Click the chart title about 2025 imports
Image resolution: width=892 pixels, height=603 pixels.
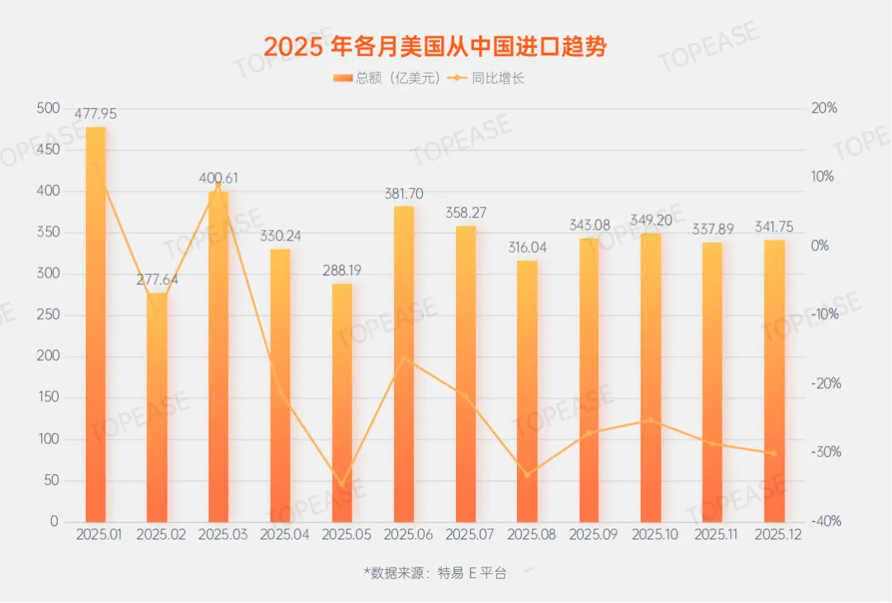[435, 47]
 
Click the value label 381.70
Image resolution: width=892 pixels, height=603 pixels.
[404, 194]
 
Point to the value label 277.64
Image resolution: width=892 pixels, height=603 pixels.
[157, 280]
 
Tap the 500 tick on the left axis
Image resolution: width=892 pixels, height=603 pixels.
[49, 108]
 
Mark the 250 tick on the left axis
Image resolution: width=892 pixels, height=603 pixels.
[49, 316]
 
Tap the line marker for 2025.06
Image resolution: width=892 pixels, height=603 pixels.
[404, 358]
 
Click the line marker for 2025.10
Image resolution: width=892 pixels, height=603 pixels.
[651, 420]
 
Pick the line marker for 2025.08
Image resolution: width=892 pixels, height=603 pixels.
[527, 474]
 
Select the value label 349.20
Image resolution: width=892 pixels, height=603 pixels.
[651, 221]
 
